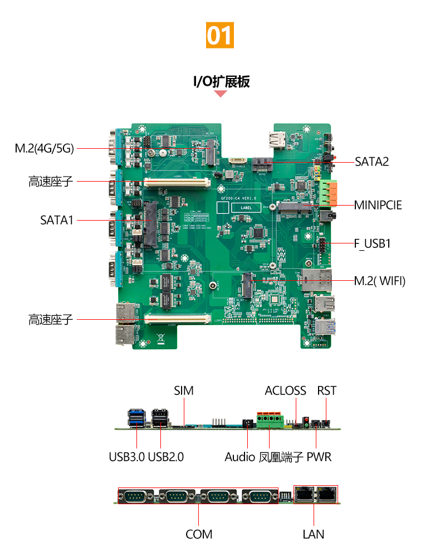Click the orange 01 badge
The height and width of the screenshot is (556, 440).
pyautogui.click(x=219, y=35)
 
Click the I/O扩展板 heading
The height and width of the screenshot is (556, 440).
pyautogui.click(x=221, y=82)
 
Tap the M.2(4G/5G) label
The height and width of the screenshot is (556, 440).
pyautogui.click(x=44, y=148)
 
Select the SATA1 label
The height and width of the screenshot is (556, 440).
pyautogui.click(x=57, y=220)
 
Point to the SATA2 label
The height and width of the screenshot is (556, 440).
pyautogui.click(x=371, y=162)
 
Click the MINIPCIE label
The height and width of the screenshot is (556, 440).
pyautogui.click(x=378, y=205)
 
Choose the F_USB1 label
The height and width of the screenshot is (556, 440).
pyautogui.click(x=373, y=243)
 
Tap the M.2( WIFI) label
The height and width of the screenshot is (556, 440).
pyautogui.click(x=380, y=281)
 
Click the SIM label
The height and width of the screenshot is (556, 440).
pyautogui.click(x=184, y=391)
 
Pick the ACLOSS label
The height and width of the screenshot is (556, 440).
pyautogui.click(x=285, y=391)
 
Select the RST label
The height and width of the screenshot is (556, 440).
pyautogui.click(x=327, y=391)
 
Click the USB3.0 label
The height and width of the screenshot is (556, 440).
pyautogui.click(x=127, y=457)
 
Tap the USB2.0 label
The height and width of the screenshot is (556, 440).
pyautogui.click(x=166, y=457)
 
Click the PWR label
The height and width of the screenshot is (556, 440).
pyautogui.click(x=319, y=457)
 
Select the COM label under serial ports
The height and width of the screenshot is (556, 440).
pyautogui.click(x=199, y=534)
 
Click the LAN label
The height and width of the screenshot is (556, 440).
pyautogui.click(x=314, y=534)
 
